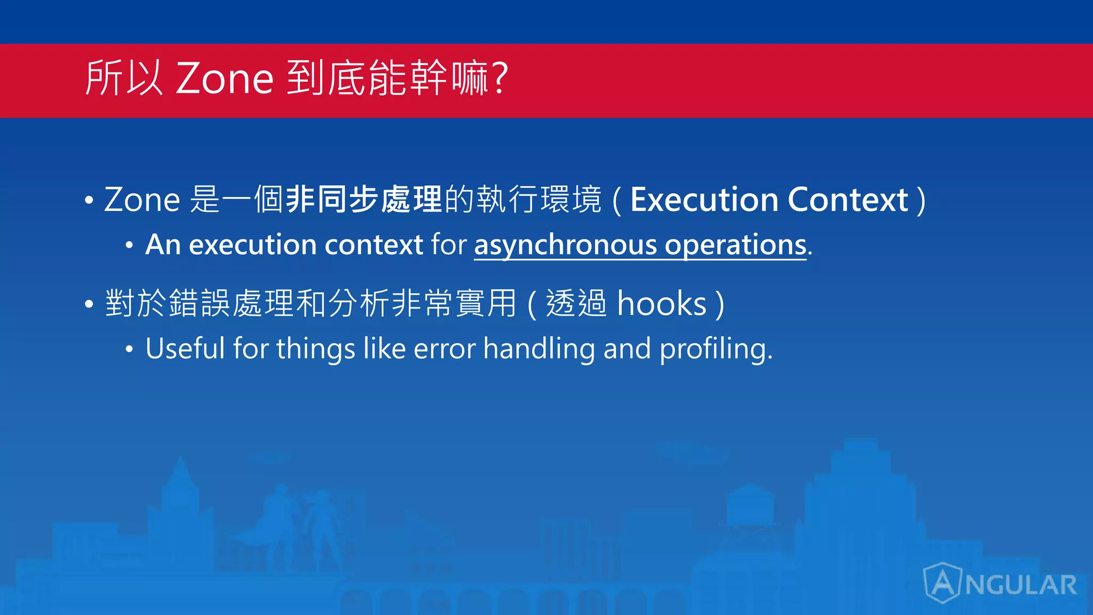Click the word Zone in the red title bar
point(225,79)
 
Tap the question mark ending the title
point(500,79)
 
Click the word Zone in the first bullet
point(142,200)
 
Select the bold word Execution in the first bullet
point(704,200)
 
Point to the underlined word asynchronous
point(565,245)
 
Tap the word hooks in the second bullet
point(662,304)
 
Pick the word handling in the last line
point(539,350)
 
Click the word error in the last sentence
point(444,350)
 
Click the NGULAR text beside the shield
point(1021,585)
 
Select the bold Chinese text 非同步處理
point(363,200)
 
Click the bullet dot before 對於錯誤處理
point(89,304)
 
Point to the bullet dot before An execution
point(129,245)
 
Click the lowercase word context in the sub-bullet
point(374,245)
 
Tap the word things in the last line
point(315,350)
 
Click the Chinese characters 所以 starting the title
point(124,79)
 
